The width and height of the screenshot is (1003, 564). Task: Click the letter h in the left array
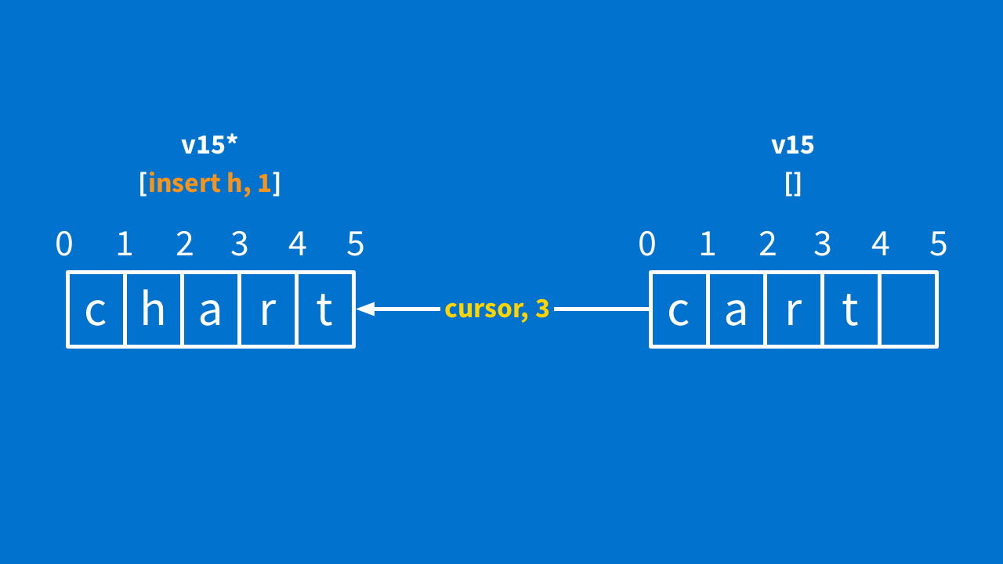(x=153, y=310)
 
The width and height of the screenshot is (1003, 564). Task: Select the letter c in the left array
(x=96, y=311)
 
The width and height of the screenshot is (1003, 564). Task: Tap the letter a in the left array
(x=211, y=311)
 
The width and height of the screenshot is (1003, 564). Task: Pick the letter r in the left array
(x=268, y=311)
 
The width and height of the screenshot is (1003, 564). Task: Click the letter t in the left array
(x=324, y=310)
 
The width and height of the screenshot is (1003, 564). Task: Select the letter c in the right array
(x=679, y=311)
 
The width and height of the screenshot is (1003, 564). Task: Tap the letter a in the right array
(x=737, y=311)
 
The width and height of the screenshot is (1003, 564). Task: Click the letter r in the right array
(x=794, y=311)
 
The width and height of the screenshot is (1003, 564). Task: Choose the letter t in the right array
(x=850, y=310)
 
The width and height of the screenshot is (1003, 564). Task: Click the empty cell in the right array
(x=909, y=309)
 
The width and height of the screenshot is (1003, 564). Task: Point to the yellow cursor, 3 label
(x=497, y=309)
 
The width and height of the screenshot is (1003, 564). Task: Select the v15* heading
(x=209, y=145)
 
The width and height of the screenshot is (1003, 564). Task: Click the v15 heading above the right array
(x=793, y=145)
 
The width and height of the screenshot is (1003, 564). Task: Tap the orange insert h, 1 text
(x=209, y=184)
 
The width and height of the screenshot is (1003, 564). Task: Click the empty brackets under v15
(x=793, y=184)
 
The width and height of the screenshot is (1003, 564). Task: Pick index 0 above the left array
(x=64, y=244)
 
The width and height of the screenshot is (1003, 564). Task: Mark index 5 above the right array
(x=939, y=244)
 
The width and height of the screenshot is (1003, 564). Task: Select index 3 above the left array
(x=240, y=244)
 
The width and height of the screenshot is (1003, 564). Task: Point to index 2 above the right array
(x=767, y=244)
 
